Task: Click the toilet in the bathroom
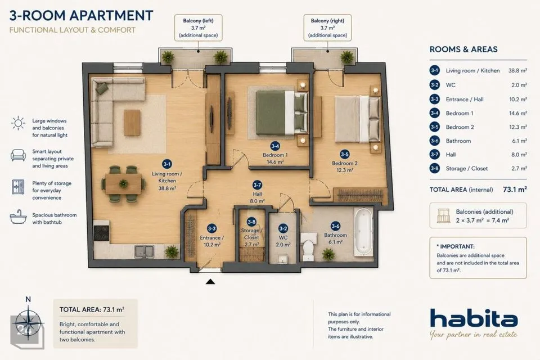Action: pos(308,247)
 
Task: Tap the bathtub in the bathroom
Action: pos(364,232)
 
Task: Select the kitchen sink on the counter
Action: pos(145,251)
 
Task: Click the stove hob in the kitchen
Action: pos(102,233)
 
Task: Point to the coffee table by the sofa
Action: pos(132,123)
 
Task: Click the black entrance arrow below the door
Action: pos(210,282)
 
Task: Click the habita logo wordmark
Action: pos(474,318)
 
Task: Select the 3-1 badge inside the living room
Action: pos(166,164)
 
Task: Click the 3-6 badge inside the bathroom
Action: pos(335,226)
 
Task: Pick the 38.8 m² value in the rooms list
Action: pos(517,71)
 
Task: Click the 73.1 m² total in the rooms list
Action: pos(515,189)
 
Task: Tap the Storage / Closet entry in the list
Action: pos(467,168)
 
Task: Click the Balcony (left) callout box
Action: pos(198,28)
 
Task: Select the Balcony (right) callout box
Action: pos(327,28)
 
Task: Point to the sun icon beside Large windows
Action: pos(18,123)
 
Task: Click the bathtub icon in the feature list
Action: pos(18,217)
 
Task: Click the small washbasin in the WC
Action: pos(283,259)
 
